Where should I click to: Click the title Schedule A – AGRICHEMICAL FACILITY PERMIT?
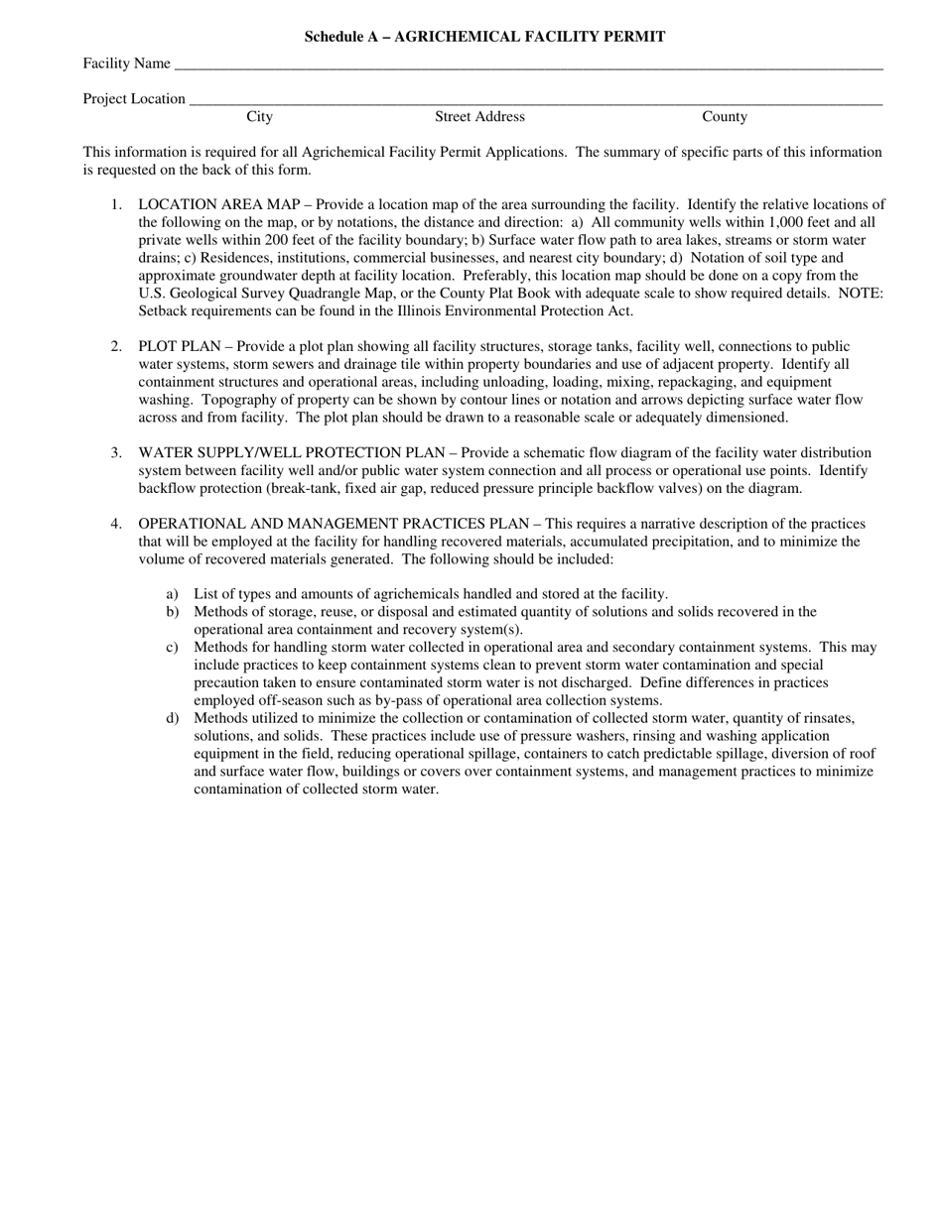tap(484, 37)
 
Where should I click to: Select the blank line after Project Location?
tap(535, 102)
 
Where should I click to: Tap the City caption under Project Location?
tap(259, 117)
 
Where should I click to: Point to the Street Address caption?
tap(479, 117)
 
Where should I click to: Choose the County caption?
tap(725, 117)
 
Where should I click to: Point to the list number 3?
tap(116, 452)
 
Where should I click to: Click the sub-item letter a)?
tap(172, 594)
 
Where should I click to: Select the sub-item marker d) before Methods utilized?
tap(172, 718)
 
